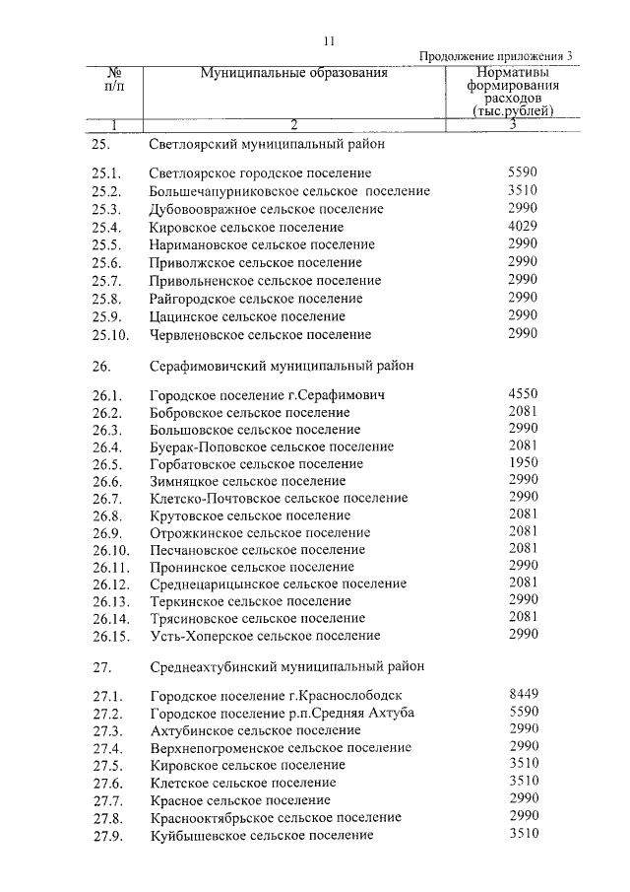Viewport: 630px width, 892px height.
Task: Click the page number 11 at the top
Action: [x=329, y=40]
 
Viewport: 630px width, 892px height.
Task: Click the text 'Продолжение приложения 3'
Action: [x=495, y=56]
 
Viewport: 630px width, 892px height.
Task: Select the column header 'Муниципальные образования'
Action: [x=293, y=73]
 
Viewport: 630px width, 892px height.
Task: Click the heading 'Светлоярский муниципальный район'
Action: [x=266, y=144]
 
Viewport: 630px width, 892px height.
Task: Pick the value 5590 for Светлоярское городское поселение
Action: [x=523, y=172]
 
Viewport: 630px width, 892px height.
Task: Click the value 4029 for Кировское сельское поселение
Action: [x=523, y=227]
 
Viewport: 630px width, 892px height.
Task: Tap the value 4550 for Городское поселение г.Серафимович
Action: [x=523, y=393]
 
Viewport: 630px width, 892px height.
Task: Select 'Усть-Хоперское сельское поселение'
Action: [x=264, y=636]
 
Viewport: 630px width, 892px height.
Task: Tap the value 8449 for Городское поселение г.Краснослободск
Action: [x=523, y=694]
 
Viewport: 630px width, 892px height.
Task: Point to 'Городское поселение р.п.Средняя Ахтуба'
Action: [x=282, y=713]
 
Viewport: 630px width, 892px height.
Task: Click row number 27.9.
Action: [x=105, y=836]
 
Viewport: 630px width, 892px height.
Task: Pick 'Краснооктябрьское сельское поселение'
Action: [x=275, y=818]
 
